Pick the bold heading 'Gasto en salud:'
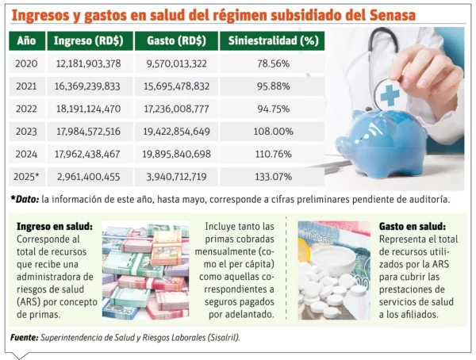pos(412,226)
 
